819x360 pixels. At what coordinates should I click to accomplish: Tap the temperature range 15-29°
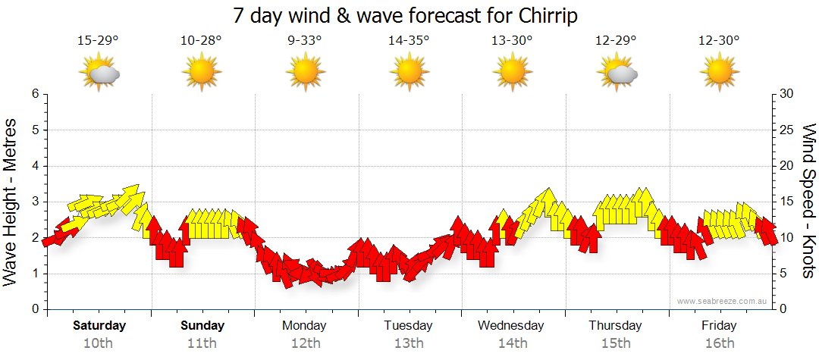pyautogui.click(x=98, y=41)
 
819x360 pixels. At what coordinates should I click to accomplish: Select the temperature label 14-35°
pyautogui.click(x=409, y=41)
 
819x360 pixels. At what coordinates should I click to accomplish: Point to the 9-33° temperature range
pyautogui.click(x=305, y=41)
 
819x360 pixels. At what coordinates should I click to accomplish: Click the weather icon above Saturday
pyautogui.click(x=99, y=73)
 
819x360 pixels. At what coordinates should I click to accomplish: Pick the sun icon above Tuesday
pyautogui.click(x=409, y=73)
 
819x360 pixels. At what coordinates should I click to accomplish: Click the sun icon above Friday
pyautogui.click(x=719, y=73)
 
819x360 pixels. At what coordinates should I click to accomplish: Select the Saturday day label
pyautogui.click(x=99, y=326)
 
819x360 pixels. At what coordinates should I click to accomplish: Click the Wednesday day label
pyautogui.click(x=511, y=326)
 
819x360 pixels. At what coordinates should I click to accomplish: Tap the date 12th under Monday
pyautogui.click(x=305, y=343)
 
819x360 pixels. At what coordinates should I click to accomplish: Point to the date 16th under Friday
pyautogui.click(x=719, y=343)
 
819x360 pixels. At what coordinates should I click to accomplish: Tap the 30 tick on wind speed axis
pyautogui.click(x=786, y=94)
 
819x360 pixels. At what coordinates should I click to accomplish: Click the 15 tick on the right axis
pyautogui.click(x=786, y=202)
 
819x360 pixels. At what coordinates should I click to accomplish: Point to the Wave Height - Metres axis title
pyautogui.click(x=11, y=202)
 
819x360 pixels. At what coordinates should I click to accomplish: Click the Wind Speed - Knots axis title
pyautogui.click(x=808, y=202)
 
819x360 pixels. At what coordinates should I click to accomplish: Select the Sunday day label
pyautogui.click(x=202, y=326)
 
